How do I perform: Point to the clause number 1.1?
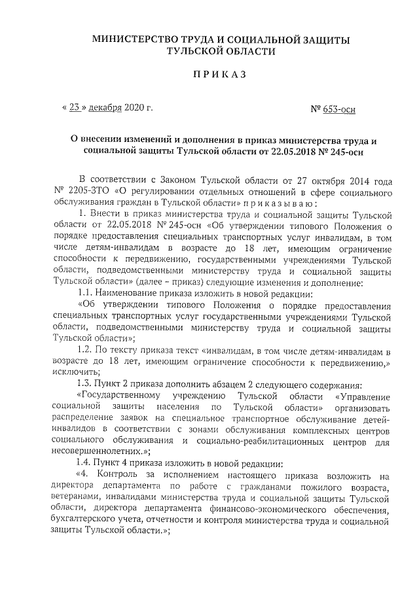86,294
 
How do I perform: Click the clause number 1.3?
86,387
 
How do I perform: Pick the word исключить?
68,375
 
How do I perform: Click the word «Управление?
363,398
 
